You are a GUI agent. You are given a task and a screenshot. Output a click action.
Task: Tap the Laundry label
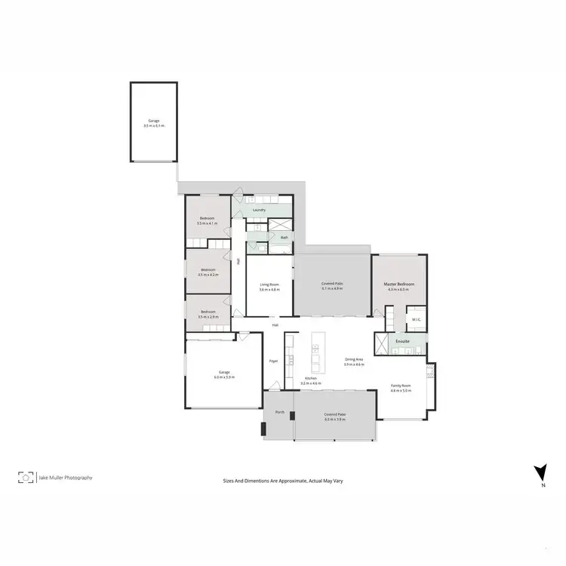(x=259, y=210)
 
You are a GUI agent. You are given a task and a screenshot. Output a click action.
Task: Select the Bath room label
(x=285, y=237)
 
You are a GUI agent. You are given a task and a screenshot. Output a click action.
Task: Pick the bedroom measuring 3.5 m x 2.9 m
(x=208, y=314)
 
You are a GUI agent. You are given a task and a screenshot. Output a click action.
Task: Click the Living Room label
(x=269, y=287)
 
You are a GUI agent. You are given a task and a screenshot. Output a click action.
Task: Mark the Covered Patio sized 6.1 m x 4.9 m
(x=333, y=285)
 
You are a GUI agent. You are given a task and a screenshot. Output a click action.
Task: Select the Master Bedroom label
(x=398, y=285)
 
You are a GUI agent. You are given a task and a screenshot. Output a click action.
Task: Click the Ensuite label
(x=403, y=341)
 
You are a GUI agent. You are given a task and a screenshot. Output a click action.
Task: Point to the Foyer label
(x=273, y=361)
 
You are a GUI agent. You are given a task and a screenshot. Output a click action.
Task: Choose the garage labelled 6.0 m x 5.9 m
(x=224, y=374)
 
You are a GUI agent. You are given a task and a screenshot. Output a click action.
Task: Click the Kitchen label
(x=311, y=379)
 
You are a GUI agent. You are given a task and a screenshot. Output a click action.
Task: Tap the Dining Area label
(x=355, y=361)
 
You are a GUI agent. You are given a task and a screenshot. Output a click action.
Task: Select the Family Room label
(x=401, y=386)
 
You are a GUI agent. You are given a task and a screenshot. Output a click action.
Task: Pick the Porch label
(x=279, y=412)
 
